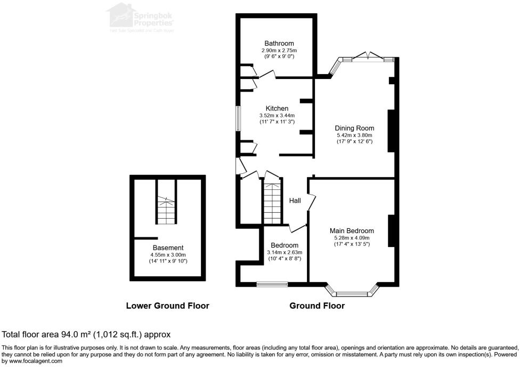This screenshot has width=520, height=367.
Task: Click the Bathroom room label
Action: pyautogui.click(x=279, y=43)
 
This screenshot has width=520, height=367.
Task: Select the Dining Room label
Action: pyautogui.click(x=354, y=128)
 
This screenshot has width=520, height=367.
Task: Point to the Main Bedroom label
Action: pyautogui.click(x=352, y=231)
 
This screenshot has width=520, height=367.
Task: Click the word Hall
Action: pyautogui.click(x=295, y=201)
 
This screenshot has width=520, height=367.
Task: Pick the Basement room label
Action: pyautogui.click(x=168, y=248)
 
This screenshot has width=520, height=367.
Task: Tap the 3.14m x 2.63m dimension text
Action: pyautogui.click(x=284, y=252)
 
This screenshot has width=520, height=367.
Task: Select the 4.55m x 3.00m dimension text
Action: pyautogui.click(x=168, y=255)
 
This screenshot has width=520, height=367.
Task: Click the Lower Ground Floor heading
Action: pyautogui.click(x=167, y=306)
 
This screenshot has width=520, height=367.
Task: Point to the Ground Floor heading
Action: pyautogui.click(x=316, y=306)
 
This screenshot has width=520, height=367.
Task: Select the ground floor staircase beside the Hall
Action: pyautogui.click(x=272, y=204)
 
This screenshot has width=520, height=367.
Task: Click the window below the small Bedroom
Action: pyautogui.click(x=272, y=284)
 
